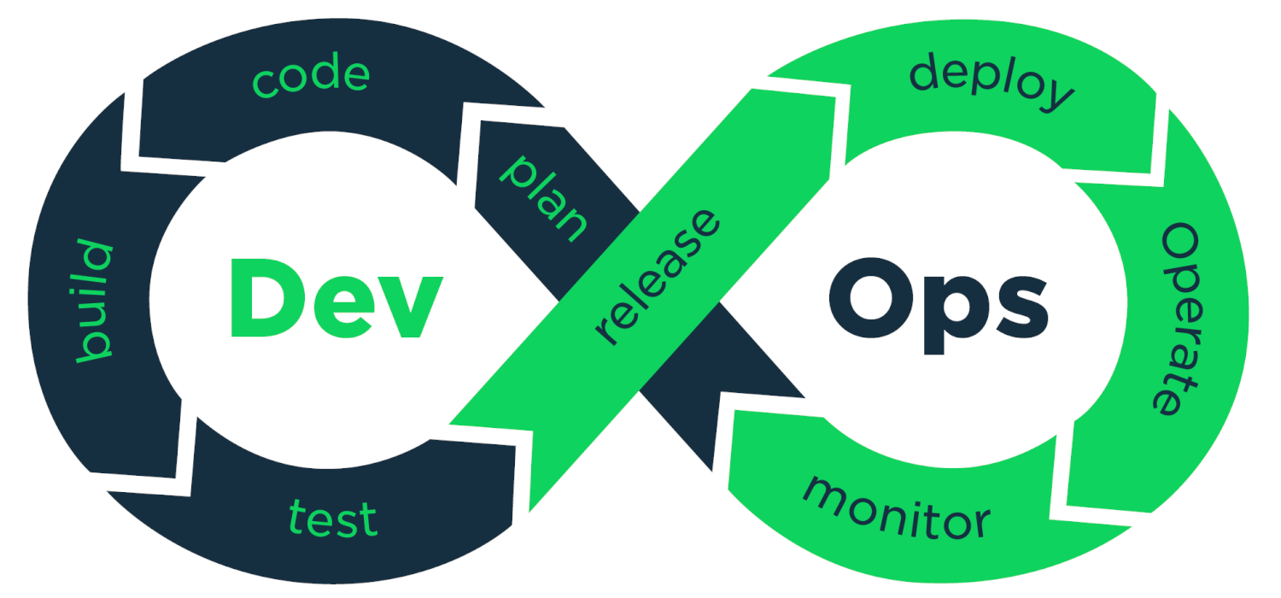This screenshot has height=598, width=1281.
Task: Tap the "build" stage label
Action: point(94,301)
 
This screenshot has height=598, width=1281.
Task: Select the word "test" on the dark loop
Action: point(333,518)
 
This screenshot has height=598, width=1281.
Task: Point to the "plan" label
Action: point(543,197)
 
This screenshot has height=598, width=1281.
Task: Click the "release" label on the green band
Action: point(658,277)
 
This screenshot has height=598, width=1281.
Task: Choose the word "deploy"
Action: point(991,81)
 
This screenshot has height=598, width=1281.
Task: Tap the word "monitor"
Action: point(897,509)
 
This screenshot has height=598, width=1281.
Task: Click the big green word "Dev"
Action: point(336,298)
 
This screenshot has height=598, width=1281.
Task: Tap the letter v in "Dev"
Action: point(411,307)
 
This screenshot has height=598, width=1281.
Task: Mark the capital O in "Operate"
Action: point(1180,245)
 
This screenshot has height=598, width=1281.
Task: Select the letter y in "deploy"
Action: point(1057,95)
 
